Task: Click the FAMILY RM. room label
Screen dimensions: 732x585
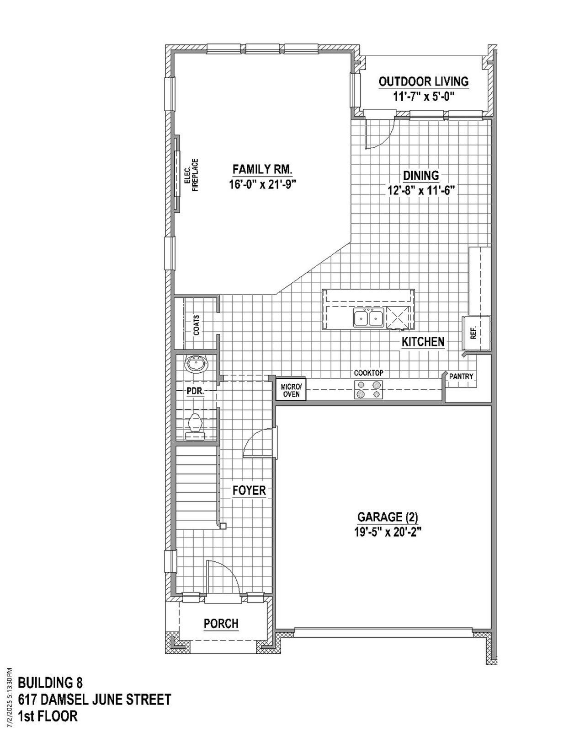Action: tap(262, 169)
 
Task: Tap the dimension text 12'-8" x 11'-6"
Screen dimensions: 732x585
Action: tap(420, 190)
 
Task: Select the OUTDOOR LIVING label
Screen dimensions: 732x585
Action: tap(424, 81)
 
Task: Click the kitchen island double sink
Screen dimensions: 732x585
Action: tap(368, 318)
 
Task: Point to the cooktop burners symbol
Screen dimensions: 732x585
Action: tap(368, 389)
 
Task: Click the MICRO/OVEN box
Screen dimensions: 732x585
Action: tap(291, 390)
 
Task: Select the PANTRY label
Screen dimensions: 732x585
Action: tap(461, 377)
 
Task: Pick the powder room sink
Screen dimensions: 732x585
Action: tap(197, 365)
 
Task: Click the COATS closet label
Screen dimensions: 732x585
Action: tap(197, 325)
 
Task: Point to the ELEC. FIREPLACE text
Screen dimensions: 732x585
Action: tap(191, 175)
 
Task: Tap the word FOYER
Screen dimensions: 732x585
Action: tap(249, 490)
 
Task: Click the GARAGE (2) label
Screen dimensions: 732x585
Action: tap(388, 517)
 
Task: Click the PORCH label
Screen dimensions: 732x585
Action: tap(221, 624)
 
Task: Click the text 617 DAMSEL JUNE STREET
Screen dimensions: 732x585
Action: tap(95, 700)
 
